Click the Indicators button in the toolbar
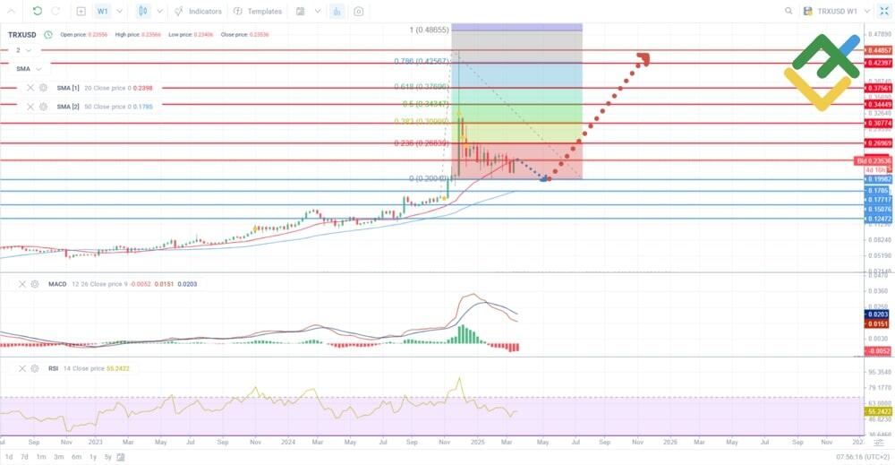click(x=199, y=12)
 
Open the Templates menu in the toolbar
click(x=258, y=12)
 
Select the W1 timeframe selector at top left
click(x=103, y=12)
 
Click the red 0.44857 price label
click(x=877, y=51)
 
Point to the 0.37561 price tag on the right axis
click(x=877, y=88)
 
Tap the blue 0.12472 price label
click(x=877, y=219)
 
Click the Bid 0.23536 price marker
click(x=869, y=160)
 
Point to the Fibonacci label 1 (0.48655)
click(x=429, y=30)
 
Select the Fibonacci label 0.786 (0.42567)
click(x=420, y=62)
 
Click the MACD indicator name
click(x=57, y=284)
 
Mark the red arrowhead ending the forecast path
click(x=643, y=59)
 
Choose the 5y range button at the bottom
click(x=107, y=457)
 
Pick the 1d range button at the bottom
click(x=9, y=457)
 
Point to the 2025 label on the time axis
click(x=477, y=443)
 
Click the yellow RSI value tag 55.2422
click(x=877, y=411)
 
